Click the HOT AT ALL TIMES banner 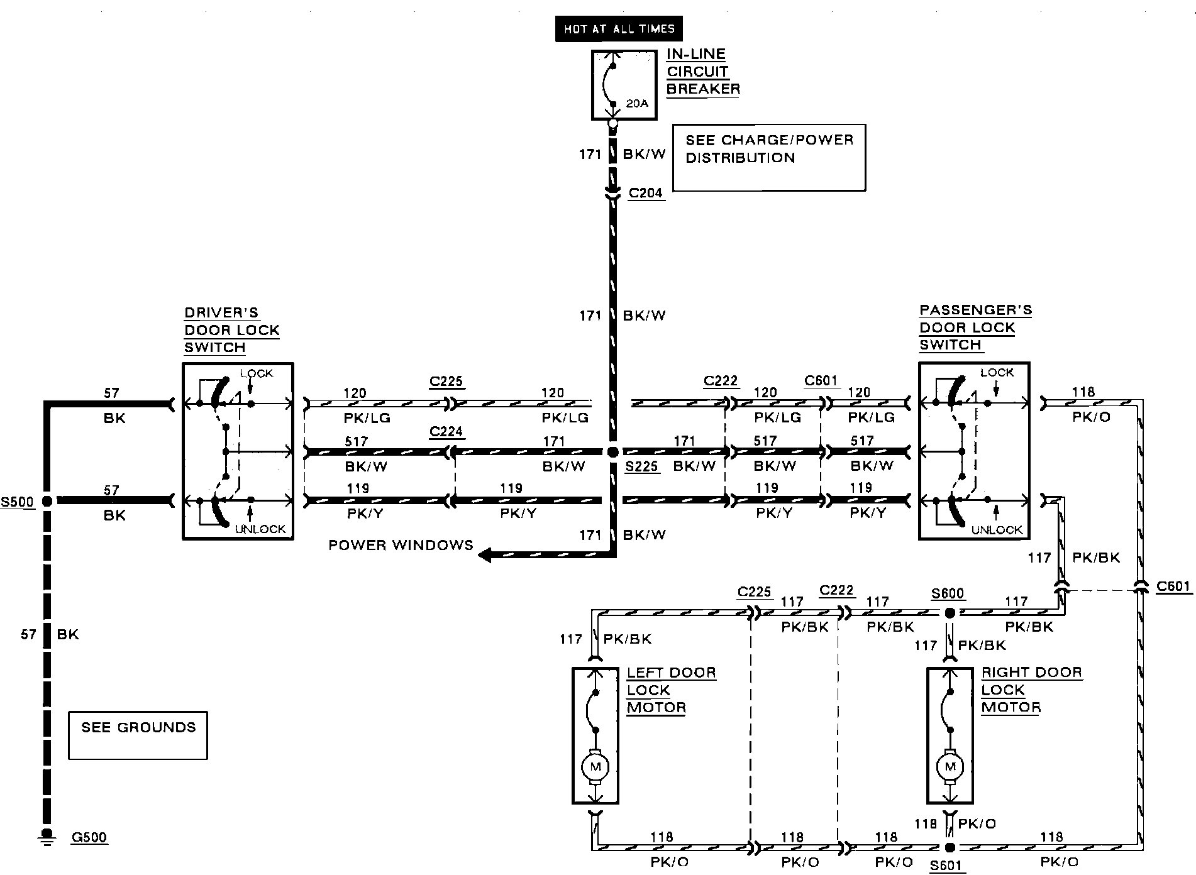coord(619,29)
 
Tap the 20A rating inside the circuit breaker coord(637,103)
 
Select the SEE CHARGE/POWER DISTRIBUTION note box coord(769,157)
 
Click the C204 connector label coord(646,193)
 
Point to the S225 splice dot coord(612,452)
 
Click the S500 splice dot coord(47,501)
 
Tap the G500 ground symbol coord(46,837)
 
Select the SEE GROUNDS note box coord(138,735)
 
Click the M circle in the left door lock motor coord(595,767)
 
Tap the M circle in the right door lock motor coord(950,767)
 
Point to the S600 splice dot coord(950,612)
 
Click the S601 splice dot coord(950,848)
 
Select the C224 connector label coord(446,431)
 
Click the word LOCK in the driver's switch coord(257,373)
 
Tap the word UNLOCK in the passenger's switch coord(997,530)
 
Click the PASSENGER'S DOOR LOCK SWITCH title coord(975,327)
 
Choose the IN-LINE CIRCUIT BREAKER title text coord(702,72)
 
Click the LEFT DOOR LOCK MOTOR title coord(670,690)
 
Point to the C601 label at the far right coord(1173,586)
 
